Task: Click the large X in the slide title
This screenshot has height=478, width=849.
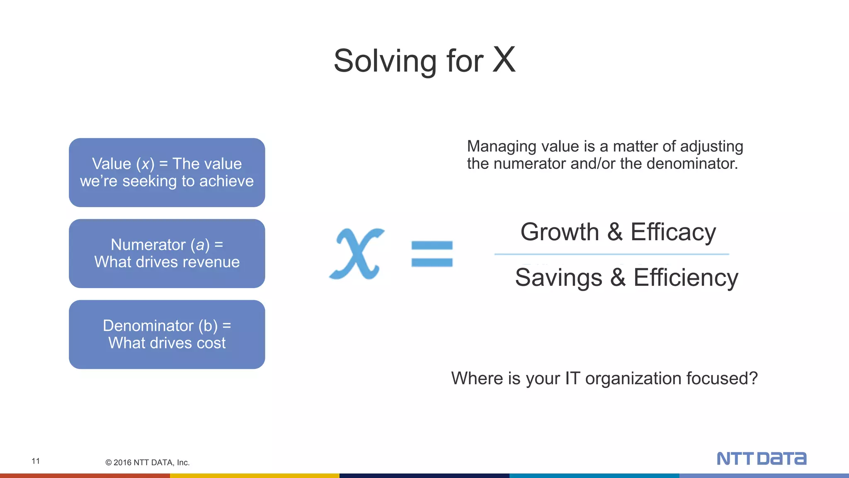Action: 504,60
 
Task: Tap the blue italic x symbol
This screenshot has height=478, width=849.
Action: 357,254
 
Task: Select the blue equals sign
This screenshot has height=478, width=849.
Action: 432,254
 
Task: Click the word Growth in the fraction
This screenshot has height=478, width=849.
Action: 559,232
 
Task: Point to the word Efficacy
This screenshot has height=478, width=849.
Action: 673,232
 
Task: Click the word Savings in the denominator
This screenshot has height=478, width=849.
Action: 558,278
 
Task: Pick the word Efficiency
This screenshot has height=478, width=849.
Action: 686,278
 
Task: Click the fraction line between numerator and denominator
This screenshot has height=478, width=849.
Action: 611,254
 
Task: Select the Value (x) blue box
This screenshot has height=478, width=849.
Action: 167,173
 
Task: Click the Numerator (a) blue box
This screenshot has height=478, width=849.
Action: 167,254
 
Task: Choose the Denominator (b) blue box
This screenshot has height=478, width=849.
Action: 167,334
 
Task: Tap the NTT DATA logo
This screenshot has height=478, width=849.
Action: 761,458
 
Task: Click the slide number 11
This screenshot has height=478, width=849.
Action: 36,461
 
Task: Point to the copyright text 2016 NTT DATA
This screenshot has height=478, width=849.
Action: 148,463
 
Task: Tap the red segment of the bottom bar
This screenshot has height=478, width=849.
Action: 85,476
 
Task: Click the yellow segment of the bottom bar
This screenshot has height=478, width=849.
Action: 255,476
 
